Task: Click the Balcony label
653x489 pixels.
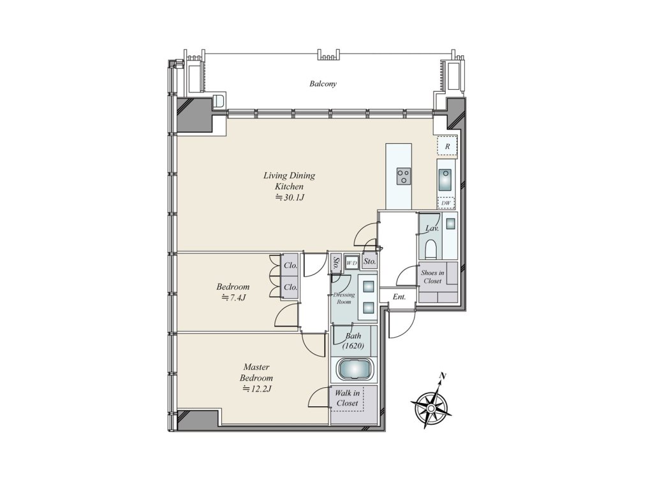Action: pos(323,83)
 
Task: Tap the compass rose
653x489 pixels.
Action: pos(431,408)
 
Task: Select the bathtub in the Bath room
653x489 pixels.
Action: pos(355,369)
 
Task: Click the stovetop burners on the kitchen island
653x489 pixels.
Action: pos(402,176)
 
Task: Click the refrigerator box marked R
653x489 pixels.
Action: pos(447,146)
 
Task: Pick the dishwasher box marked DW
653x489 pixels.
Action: pos(446,203)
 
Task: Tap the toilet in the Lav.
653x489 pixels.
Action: pos(430,249)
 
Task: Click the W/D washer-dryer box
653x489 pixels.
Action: pos(352,263)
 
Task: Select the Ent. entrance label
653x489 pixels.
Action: pos(399,297)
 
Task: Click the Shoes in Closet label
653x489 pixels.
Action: pos(432,277)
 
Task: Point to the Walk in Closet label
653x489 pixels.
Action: pos(348,398)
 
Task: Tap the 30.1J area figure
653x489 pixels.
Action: pos(290,198)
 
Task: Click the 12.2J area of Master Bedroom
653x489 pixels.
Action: pos(258,389)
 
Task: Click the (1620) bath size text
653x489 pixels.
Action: pos(353,346)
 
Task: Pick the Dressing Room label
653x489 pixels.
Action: pos(344,298)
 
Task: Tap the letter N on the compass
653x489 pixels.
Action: pos(443,376)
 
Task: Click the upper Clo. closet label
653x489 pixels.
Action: pos(290,266)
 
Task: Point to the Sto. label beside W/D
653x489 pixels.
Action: pos(369,262)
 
